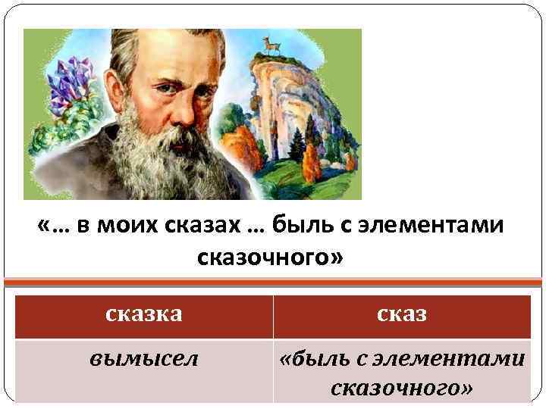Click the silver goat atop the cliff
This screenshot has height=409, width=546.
click(266, 47)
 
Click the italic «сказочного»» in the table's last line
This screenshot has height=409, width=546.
click(402, 387)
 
